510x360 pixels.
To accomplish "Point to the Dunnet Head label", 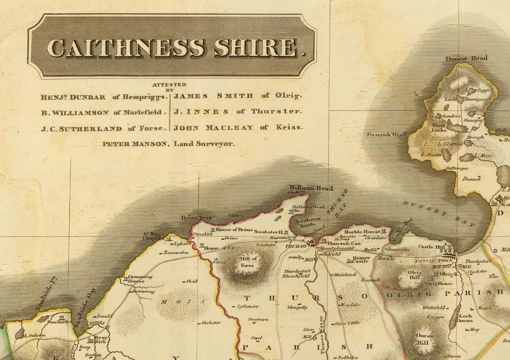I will (466, 58).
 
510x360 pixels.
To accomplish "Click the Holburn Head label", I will (311, 188).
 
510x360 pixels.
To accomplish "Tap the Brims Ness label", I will (196, 218).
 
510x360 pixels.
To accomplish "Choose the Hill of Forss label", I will (248, 261).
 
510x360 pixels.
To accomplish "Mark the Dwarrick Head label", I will (387, 134).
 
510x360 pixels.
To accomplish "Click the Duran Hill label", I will (425, 338).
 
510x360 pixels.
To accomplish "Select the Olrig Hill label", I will (414, 274).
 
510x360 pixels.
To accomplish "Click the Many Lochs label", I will (438, 128).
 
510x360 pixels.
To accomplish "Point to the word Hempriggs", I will (149, 96).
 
